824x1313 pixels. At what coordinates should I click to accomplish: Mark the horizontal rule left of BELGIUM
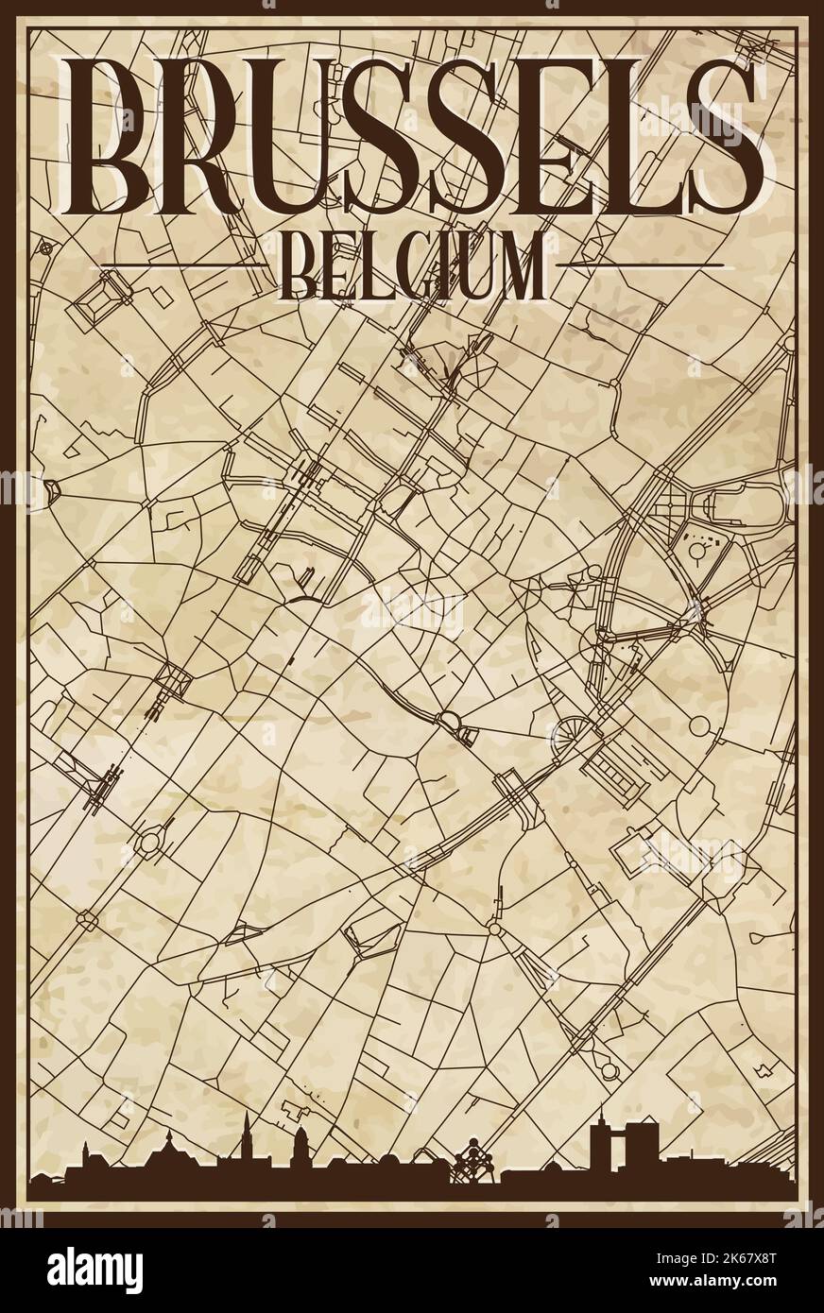[x=189, y=264]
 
